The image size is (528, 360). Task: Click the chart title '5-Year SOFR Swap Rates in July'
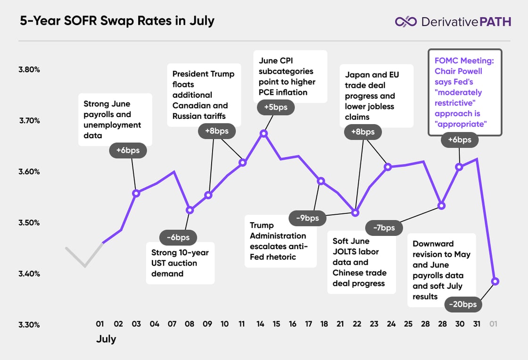click(117, 21)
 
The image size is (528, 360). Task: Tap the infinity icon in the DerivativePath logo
click(405, 21)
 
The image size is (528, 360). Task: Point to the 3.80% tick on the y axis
click(29, 69)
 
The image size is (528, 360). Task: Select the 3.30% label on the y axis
click(29, 325)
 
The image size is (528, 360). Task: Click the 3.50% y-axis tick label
click(29, 223)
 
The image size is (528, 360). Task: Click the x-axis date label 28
click(442, 324)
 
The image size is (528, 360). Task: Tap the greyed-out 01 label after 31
click(494, 324)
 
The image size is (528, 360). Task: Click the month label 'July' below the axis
click(106, 339)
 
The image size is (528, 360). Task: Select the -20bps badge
click(462, 304)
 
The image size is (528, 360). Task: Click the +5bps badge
click(275, 108)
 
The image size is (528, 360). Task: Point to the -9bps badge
click(307, 218)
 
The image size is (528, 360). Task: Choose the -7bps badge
click(384, 228)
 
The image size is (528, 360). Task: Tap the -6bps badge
click(178, 237)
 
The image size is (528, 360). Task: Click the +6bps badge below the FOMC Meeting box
click(459, 140)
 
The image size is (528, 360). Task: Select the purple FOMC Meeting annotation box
click(464, 92)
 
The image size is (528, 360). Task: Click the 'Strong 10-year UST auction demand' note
click(180, 263)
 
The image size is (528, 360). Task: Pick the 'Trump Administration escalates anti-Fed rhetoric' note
click(280, 241)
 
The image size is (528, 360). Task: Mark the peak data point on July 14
click(264, 134)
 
